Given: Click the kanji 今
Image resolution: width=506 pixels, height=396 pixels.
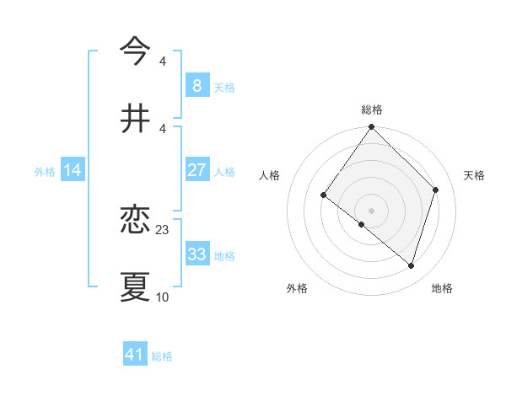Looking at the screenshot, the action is pos(135,51).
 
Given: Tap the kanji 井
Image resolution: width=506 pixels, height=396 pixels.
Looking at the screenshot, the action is pos(135,118).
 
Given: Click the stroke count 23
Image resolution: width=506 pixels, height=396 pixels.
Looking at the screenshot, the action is pos(163,229).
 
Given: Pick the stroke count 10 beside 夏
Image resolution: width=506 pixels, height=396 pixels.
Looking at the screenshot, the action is pos(163,297).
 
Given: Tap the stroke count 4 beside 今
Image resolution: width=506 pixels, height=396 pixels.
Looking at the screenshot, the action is pos(163,62).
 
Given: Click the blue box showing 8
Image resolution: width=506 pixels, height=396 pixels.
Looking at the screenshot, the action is pos(196,85).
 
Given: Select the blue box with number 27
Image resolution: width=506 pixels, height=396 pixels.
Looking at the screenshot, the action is pos(196,170).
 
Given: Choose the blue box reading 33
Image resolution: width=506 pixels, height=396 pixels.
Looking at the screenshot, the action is pos(196,254).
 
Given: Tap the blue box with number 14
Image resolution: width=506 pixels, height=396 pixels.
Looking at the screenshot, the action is pos(73,170).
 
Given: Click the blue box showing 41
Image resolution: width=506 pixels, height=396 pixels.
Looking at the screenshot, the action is pos(135,355).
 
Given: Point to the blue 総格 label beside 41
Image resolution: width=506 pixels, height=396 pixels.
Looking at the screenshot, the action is pos(162,356).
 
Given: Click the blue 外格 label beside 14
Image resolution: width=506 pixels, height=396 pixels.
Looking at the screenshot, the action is pos(45,172).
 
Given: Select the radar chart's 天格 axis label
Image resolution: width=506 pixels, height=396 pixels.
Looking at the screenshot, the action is pos(474,175).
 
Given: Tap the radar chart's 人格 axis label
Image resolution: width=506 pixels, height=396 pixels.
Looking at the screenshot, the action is pos(270,175).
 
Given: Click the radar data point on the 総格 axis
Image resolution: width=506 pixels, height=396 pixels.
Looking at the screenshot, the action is pos(371,128).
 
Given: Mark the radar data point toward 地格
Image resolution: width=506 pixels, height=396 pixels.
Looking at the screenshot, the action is pos(412,266).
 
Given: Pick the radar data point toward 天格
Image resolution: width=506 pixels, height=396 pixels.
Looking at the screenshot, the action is pos(436,190).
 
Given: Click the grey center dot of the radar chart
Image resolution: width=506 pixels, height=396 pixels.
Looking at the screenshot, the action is pos(371,210).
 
